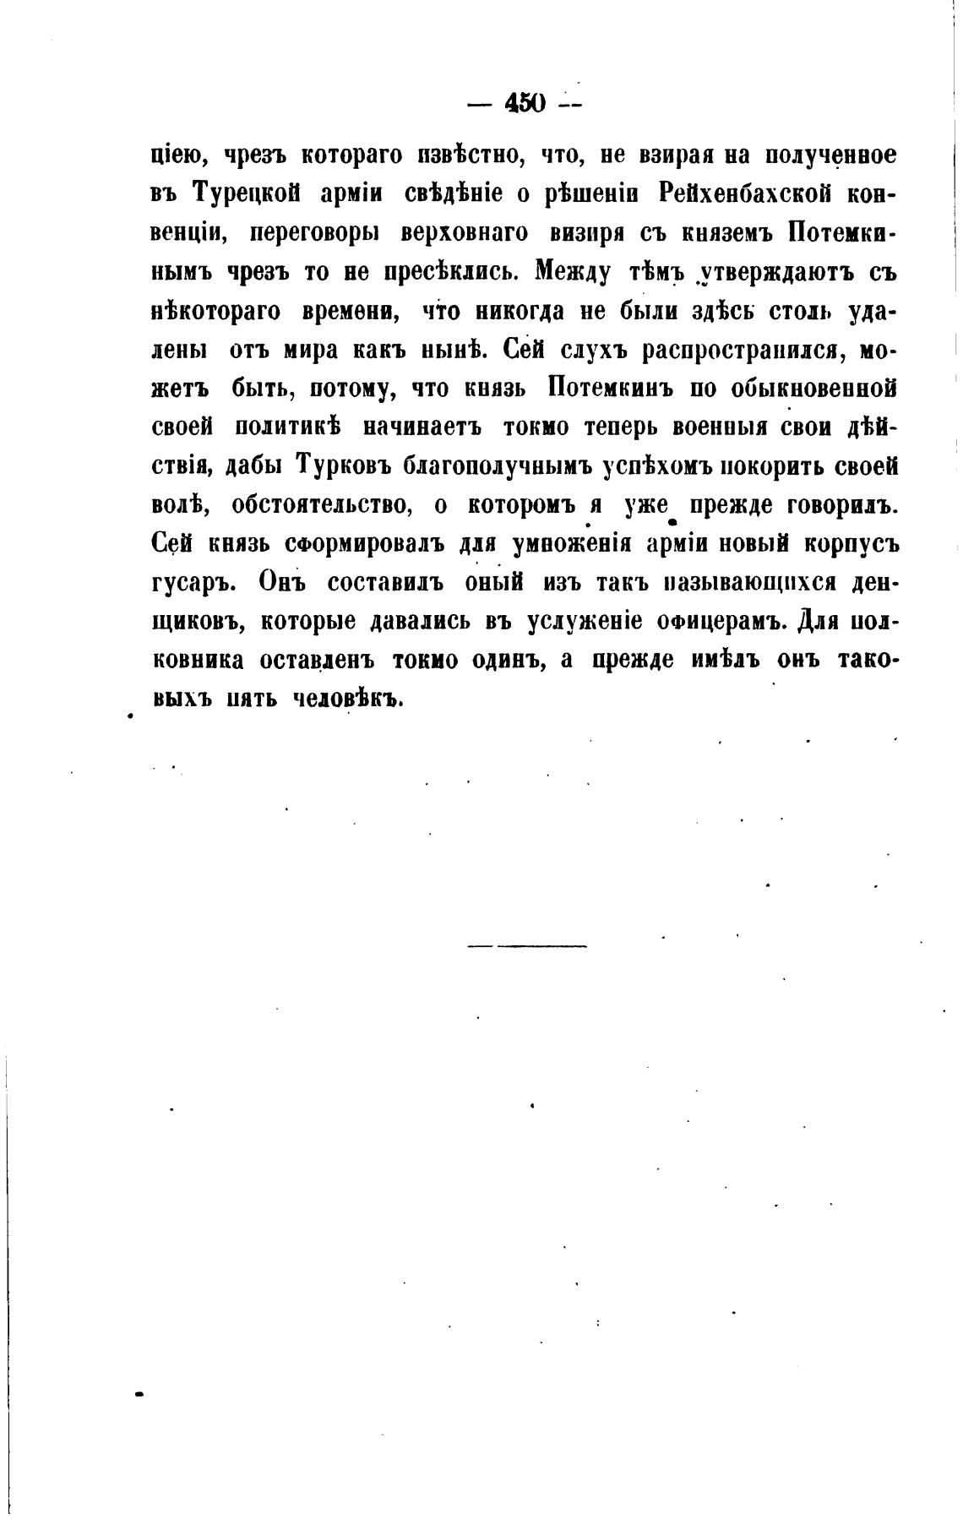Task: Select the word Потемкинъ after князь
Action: (x=608, y=389)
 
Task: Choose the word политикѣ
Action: (x=286, y=427)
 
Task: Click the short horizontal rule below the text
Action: (x=526, y=944)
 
